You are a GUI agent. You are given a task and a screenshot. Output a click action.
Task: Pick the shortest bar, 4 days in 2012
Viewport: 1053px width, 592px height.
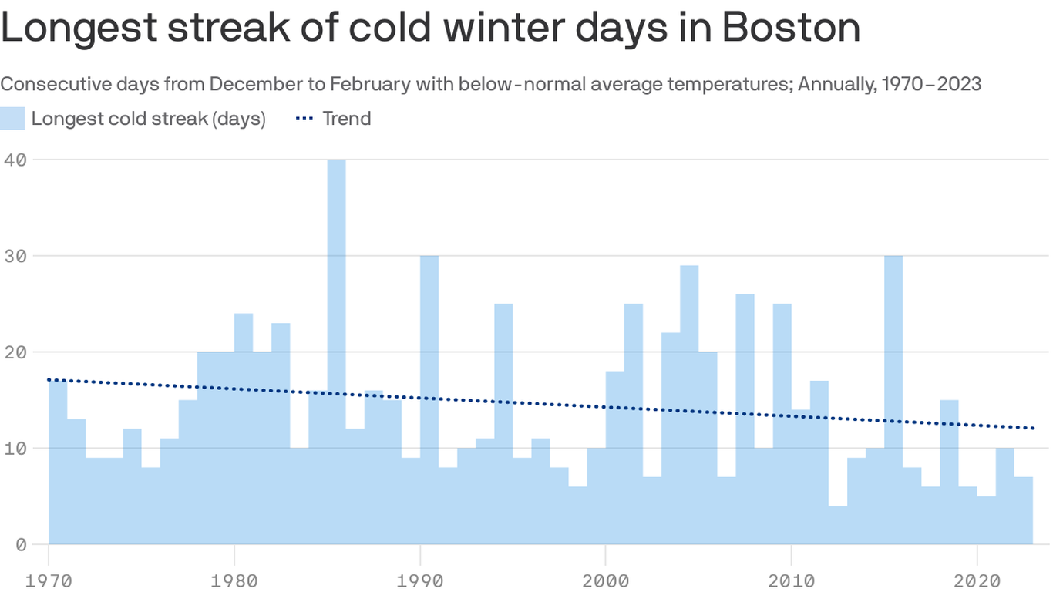click(x=838, y=524)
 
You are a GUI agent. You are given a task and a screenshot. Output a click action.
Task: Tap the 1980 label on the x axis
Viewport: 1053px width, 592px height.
click(x=234, y=579)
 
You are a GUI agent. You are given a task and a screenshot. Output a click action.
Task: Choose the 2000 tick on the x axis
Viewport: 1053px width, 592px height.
click(x=605, y=579)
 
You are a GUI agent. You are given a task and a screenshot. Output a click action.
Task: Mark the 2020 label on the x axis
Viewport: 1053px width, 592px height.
click(x=977, y=579)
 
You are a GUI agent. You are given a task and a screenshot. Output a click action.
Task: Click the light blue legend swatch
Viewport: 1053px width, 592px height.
click(x=12, y=119)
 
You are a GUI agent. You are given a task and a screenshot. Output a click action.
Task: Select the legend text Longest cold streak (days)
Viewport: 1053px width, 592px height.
click(x=148, y=119)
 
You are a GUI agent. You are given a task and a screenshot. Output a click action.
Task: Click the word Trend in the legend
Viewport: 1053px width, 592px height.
click(x=347, y=119)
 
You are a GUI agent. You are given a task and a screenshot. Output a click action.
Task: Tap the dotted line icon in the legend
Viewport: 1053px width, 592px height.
click(x=305, y=119)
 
